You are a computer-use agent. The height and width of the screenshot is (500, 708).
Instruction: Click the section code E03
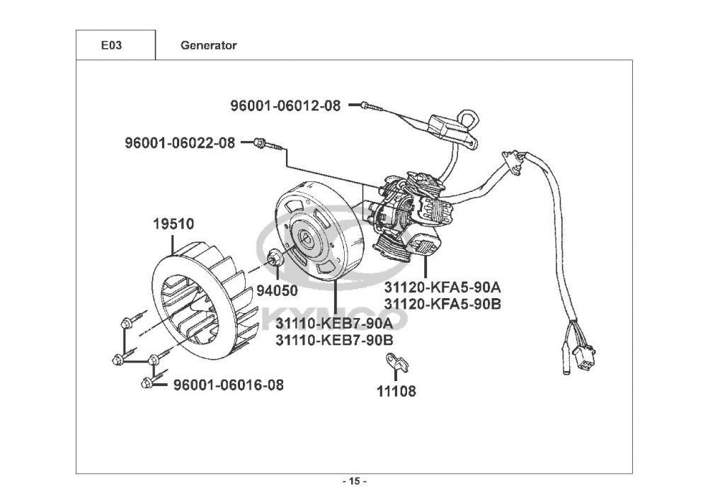(111, 45)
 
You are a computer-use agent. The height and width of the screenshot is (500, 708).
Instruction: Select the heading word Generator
(209, 45)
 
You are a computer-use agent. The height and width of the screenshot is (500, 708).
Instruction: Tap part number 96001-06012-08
(285, 106)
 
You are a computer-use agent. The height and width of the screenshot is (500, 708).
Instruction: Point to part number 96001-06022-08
(180, 143)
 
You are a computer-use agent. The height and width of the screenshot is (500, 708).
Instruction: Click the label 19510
(173, 224)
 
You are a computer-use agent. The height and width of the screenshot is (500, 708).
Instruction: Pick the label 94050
(278, 290)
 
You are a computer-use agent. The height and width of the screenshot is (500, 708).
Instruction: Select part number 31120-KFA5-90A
(442, 287)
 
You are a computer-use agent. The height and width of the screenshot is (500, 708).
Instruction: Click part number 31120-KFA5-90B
(442, 304)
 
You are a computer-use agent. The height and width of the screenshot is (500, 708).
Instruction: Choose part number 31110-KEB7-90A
(334, 324)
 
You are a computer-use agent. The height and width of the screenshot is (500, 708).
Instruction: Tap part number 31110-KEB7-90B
(334, 340)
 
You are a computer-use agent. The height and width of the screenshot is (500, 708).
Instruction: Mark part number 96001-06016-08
(229, 385)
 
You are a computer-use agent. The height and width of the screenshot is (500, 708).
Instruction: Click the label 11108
(396, 391)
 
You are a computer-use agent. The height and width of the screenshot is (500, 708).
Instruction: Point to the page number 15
(355, 481)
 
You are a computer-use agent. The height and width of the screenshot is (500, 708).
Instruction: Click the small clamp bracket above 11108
(396, 362)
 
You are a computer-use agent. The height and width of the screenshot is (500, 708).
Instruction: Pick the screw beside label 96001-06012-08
(372, 106)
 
